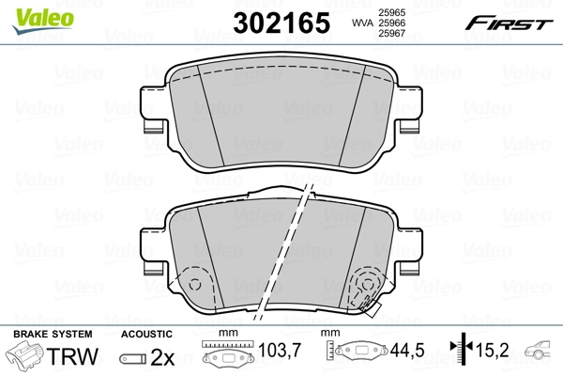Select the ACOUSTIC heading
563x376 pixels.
click(146, 335)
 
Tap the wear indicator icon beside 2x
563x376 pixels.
click(132, 358)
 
